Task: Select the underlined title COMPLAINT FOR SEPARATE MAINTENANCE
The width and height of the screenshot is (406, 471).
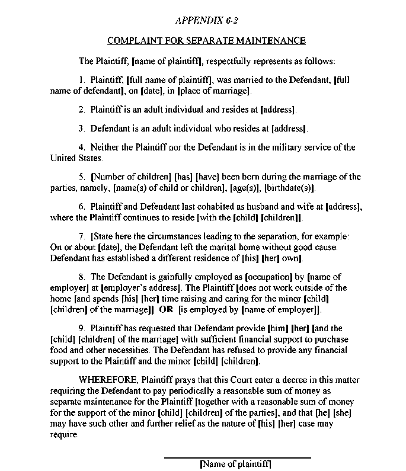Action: pyautogui.click(x=206, y=41)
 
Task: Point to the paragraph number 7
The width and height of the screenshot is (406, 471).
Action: pyautogui.click(x=81, y=236)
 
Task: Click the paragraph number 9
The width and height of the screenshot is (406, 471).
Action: pyautogui.click(x=81, y=328)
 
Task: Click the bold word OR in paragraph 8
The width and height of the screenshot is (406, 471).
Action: pyautogui.click(x=166, y=310)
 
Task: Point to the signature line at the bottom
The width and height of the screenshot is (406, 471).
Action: pyautogui.click(x=236, y=457)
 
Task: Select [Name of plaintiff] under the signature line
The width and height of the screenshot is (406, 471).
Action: pyautogui.click(x=236, y=465)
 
